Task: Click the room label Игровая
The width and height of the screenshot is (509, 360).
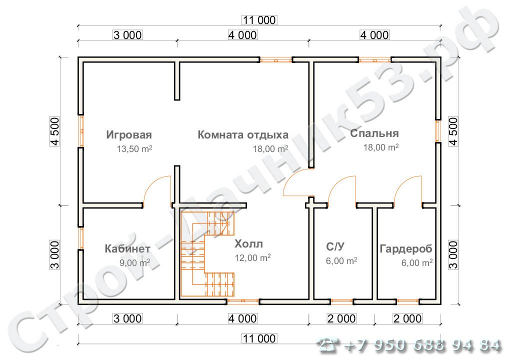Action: point(128,134)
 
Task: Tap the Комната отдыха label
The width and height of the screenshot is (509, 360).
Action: point(243,134)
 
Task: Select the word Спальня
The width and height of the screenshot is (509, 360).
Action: point(374,133)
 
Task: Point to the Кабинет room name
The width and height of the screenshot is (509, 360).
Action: point(127,248)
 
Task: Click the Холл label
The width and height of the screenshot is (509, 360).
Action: point(248,244)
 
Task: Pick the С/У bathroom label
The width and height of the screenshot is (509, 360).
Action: point(334,247)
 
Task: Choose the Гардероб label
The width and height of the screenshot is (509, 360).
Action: point(405,248)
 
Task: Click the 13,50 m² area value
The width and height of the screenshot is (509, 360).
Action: point(134,149)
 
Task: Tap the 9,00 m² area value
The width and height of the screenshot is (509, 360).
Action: point(134,262)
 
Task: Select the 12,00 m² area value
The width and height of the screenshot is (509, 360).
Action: point(252,258)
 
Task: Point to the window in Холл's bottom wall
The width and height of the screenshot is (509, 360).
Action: point(243,301)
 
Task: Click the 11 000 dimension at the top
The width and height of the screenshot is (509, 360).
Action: point(258,20)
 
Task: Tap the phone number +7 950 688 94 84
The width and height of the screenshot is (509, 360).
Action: point(410,345)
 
